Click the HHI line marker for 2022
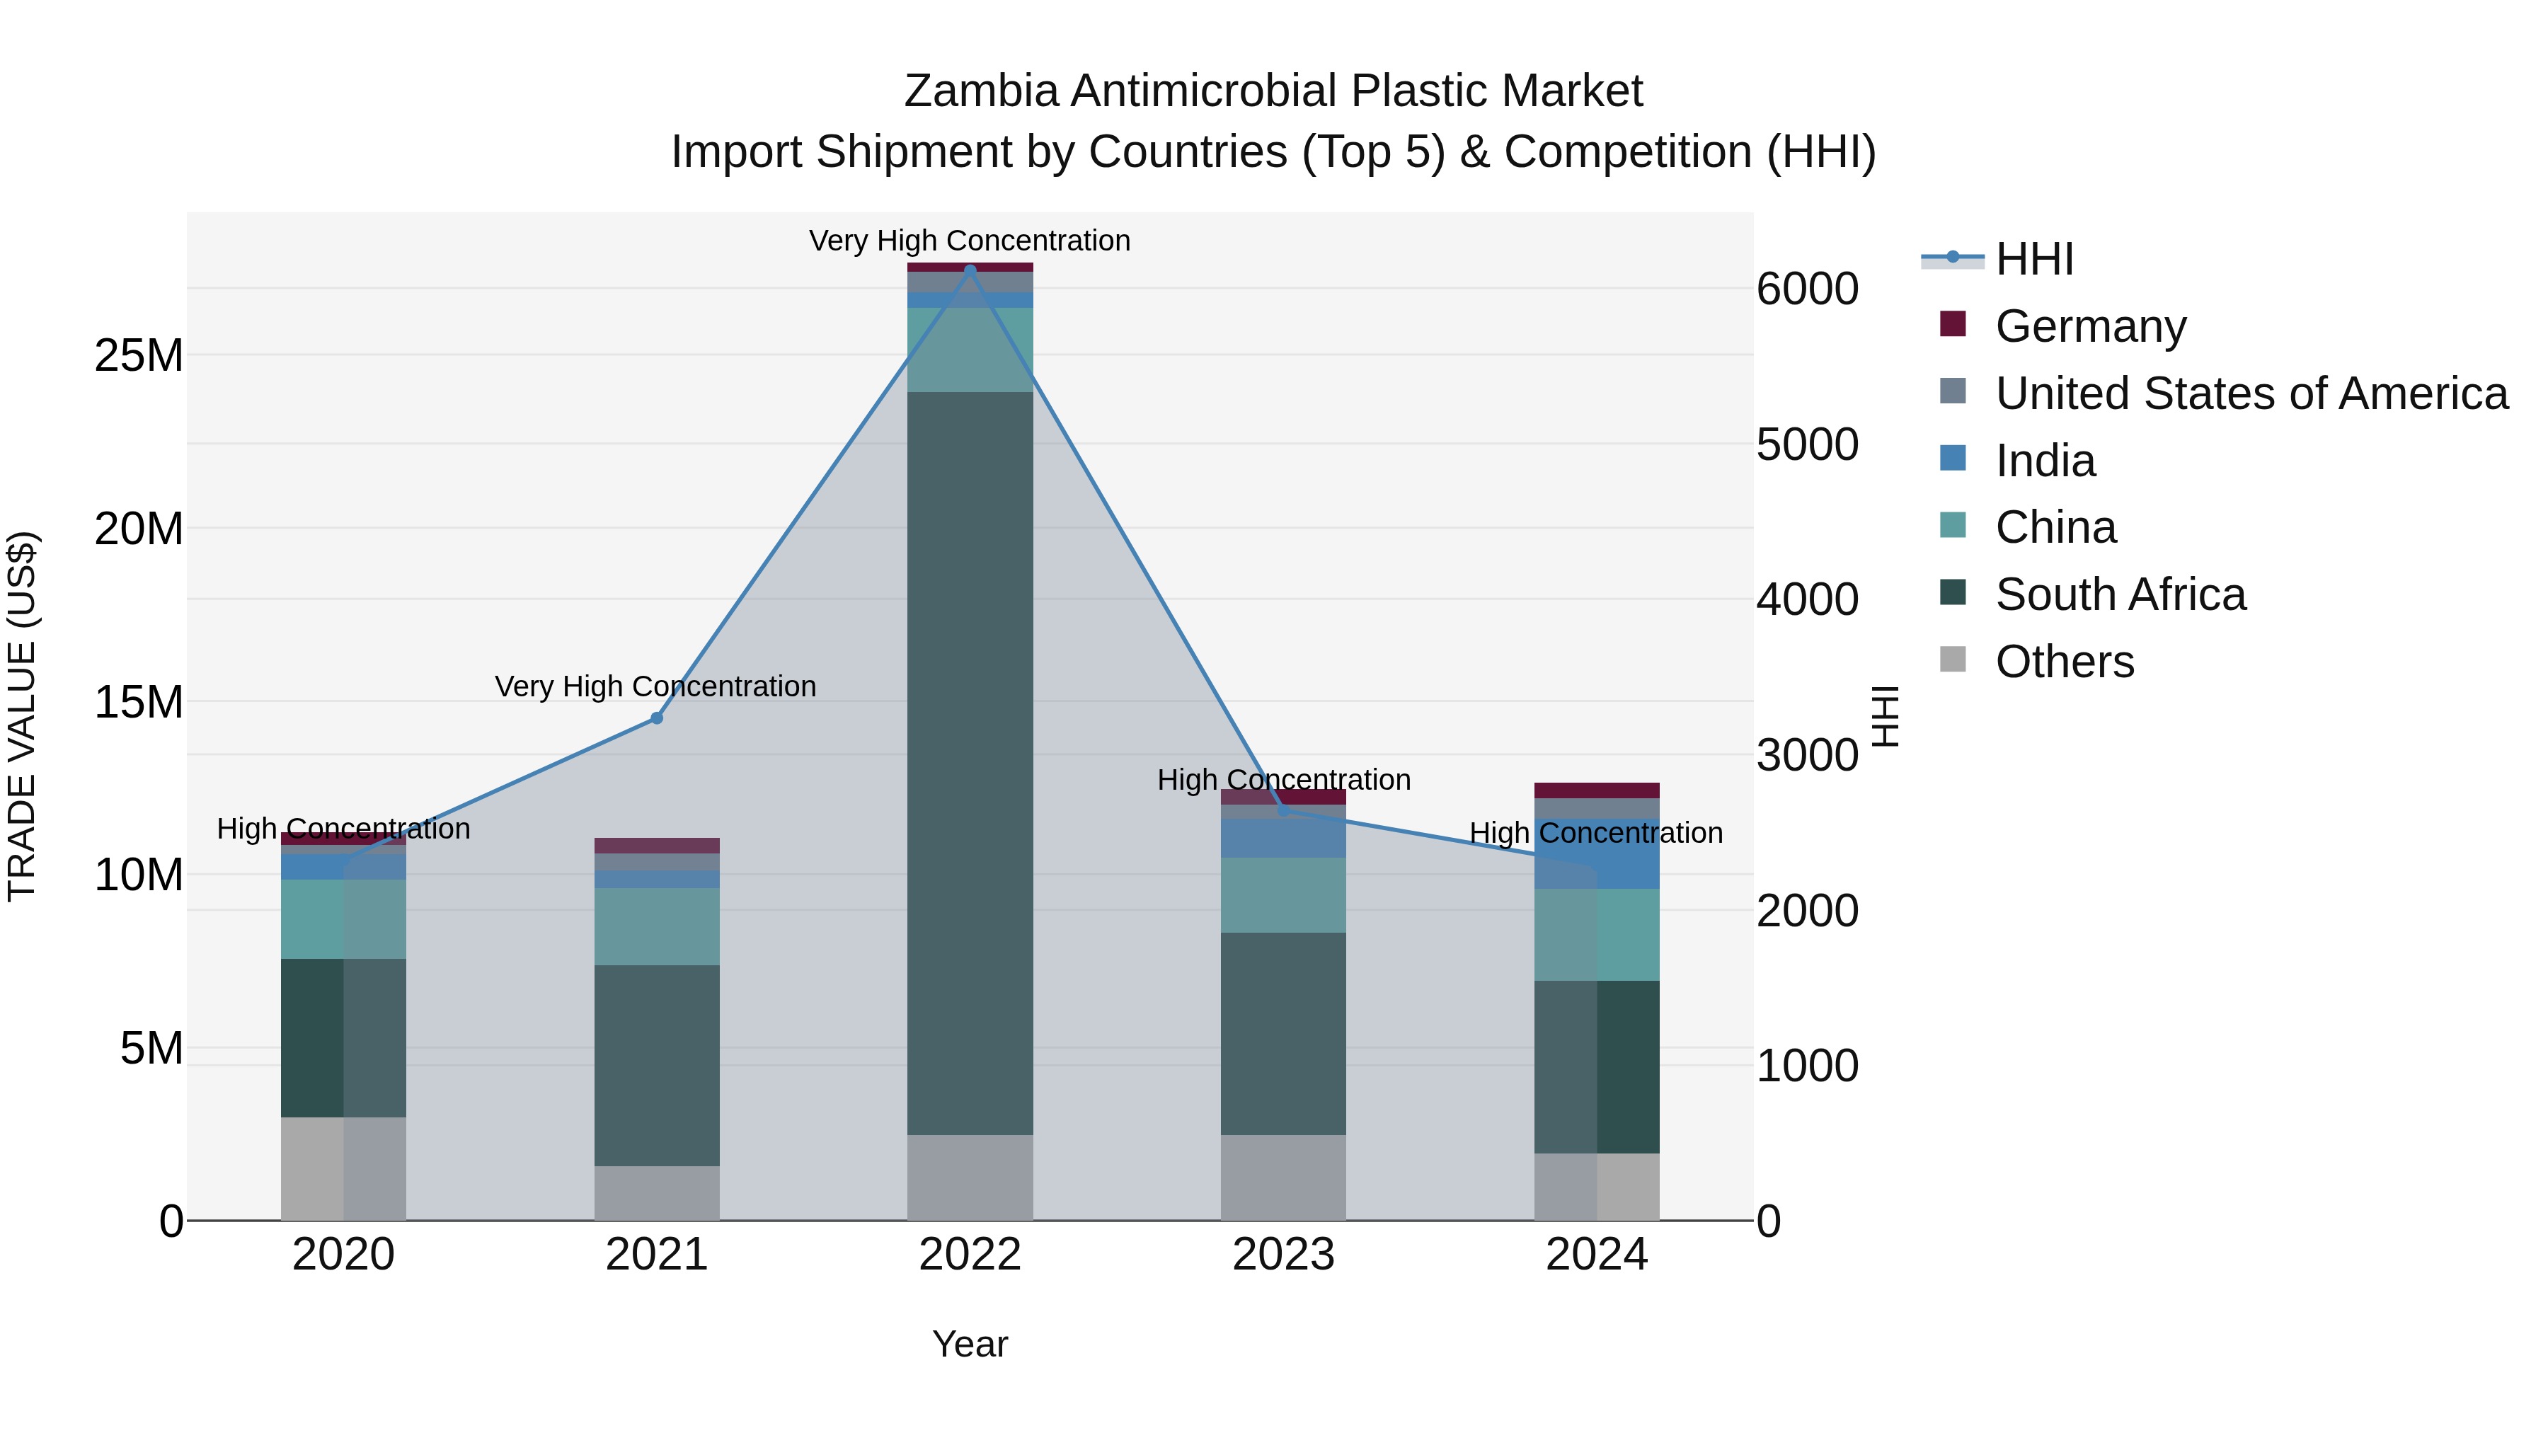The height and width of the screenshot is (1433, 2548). (970, 269)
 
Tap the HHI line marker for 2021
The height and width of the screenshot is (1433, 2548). (656, 718)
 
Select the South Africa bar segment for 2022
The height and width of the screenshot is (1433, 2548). (970, 761)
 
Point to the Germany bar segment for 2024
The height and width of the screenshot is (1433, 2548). (1597, 790)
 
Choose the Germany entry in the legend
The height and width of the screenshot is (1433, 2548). (2090, 326)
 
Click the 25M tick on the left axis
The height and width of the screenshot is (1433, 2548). (139, 355)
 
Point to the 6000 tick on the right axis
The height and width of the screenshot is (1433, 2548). (1807, 289)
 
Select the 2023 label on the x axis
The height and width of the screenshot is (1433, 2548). (1283, 1255)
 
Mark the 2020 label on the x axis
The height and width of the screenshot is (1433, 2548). (343, 1255)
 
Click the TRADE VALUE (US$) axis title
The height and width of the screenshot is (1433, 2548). (22, 716)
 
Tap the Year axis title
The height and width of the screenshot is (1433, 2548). (970, 1344)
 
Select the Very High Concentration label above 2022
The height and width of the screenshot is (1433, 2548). (970, 241)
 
